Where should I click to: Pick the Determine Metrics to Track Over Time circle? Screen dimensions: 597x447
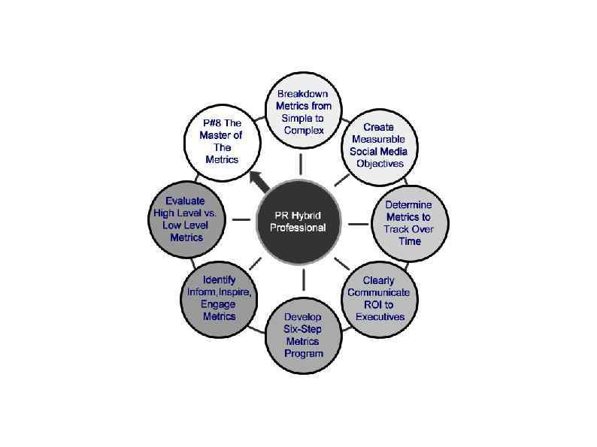pyautogui.click(x=408, y=222)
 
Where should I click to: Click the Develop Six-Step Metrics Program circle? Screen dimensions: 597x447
pyautogui.click(x=303, y=334)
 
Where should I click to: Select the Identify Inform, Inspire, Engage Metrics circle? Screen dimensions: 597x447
pyautogui.click(x=219, y=298)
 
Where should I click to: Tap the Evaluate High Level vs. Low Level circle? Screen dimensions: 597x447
pyautogui.click(x=186, y=219)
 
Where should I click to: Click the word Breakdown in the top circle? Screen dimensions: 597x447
pyautogui.click(x=304, y=94)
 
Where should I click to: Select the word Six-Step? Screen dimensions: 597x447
pyautogui.click(x=303, y=329)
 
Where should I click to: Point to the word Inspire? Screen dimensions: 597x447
pyautogui.click(x=235, y=292)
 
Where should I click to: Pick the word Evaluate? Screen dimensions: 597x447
pyautogui.click(x=185, y=201)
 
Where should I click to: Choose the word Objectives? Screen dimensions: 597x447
pyautogui.click(x=380, y=163)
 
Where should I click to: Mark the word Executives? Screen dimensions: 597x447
pyautogui.click(x=380, y=316)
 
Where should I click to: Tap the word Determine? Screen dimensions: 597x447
pyautogui.click(x=408, y=204)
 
